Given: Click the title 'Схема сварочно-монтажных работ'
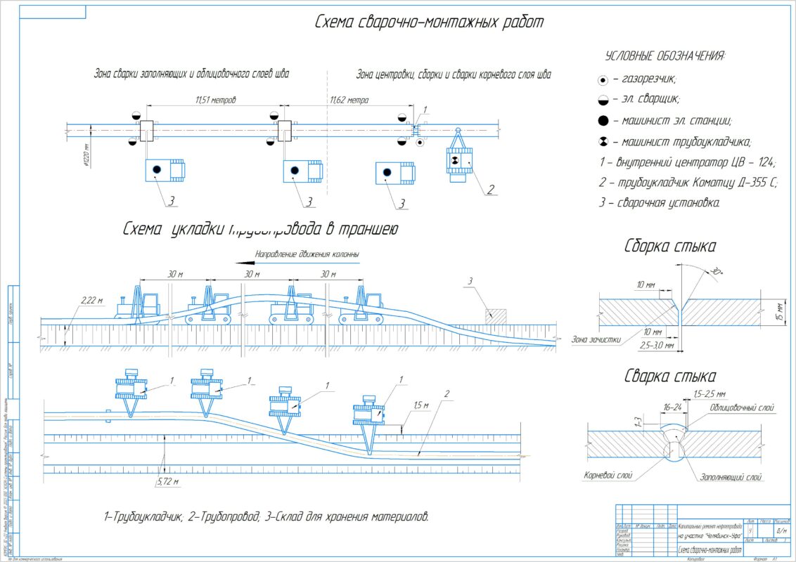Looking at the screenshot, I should (429, 22).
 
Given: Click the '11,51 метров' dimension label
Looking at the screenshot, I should (215, 100).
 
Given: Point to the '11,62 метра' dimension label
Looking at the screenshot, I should (349, 100).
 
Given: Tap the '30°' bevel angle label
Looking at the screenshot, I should (715, 271).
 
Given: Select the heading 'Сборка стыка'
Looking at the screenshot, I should (670, 246).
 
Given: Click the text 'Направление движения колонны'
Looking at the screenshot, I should (307, 253).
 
